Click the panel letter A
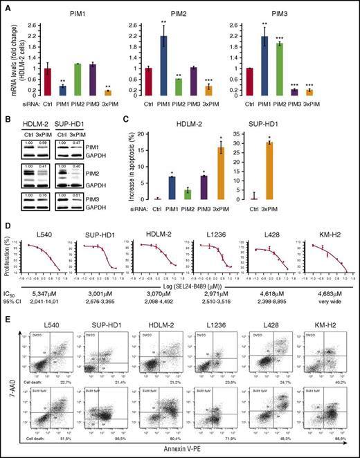click(x=6, y=6)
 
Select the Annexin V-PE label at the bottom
click(x=187, y=452)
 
